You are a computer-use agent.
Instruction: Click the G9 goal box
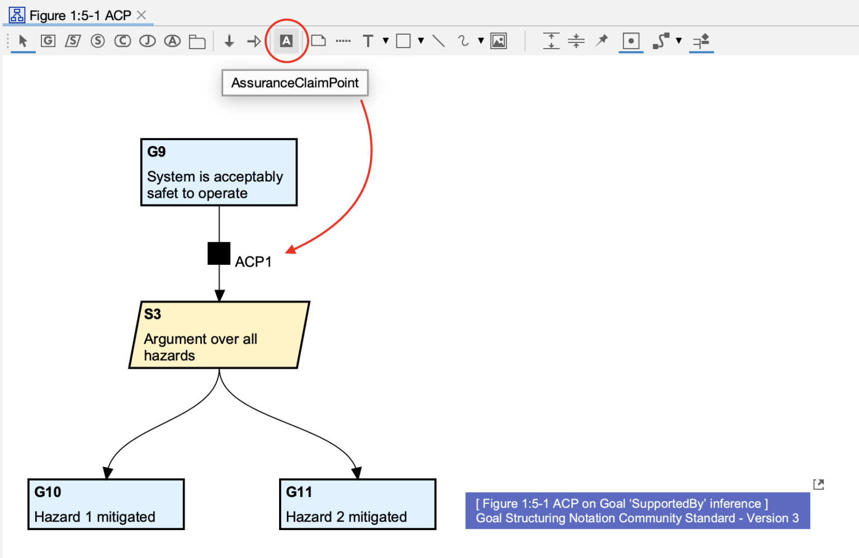tap(219, 172)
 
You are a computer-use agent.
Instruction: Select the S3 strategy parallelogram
tap(219, 335)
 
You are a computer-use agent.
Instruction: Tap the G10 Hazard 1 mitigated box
tap(106, 504)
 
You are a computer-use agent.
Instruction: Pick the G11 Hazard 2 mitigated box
tap(357, 504)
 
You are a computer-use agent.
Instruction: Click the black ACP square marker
tap(219, 253)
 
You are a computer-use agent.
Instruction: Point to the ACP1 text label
tap(253, 262)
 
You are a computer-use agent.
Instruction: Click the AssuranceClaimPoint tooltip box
tap(295, 83)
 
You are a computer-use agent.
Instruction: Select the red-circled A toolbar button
tap(286, 41)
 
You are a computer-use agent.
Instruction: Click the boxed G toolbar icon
tap(48, 41)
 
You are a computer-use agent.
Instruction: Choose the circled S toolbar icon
tap(98, 41)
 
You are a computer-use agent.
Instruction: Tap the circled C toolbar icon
tap(122, 41)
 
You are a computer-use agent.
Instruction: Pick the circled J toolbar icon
tap(147, 41)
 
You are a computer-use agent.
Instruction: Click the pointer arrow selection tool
tap(23, 41)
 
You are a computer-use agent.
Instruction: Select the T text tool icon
tap(368, 41)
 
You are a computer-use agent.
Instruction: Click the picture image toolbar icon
tap(498, 41)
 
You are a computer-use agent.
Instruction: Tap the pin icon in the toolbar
tap(602, 40)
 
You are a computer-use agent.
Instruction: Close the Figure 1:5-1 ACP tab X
tap(141, 15)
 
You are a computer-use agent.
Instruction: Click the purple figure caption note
tap(637, 511)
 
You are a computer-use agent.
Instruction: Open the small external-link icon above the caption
tap(818, 484)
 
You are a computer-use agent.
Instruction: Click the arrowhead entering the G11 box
tap(357, 473)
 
